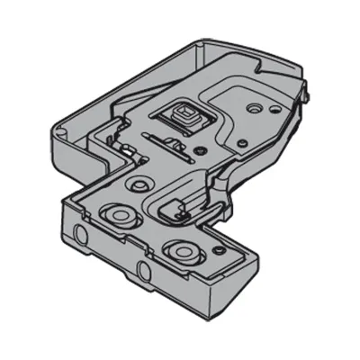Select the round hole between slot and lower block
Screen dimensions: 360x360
click(x=138, y=184)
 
